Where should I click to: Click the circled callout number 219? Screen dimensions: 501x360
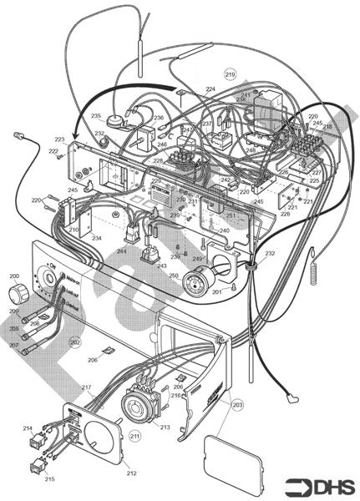231,74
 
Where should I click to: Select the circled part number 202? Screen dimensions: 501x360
74,342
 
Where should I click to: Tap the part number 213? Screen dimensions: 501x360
165,427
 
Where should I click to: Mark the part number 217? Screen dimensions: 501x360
86,388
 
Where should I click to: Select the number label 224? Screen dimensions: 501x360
210,89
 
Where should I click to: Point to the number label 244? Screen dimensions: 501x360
122,250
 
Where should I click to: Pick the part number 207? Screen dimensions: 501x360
13,344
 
